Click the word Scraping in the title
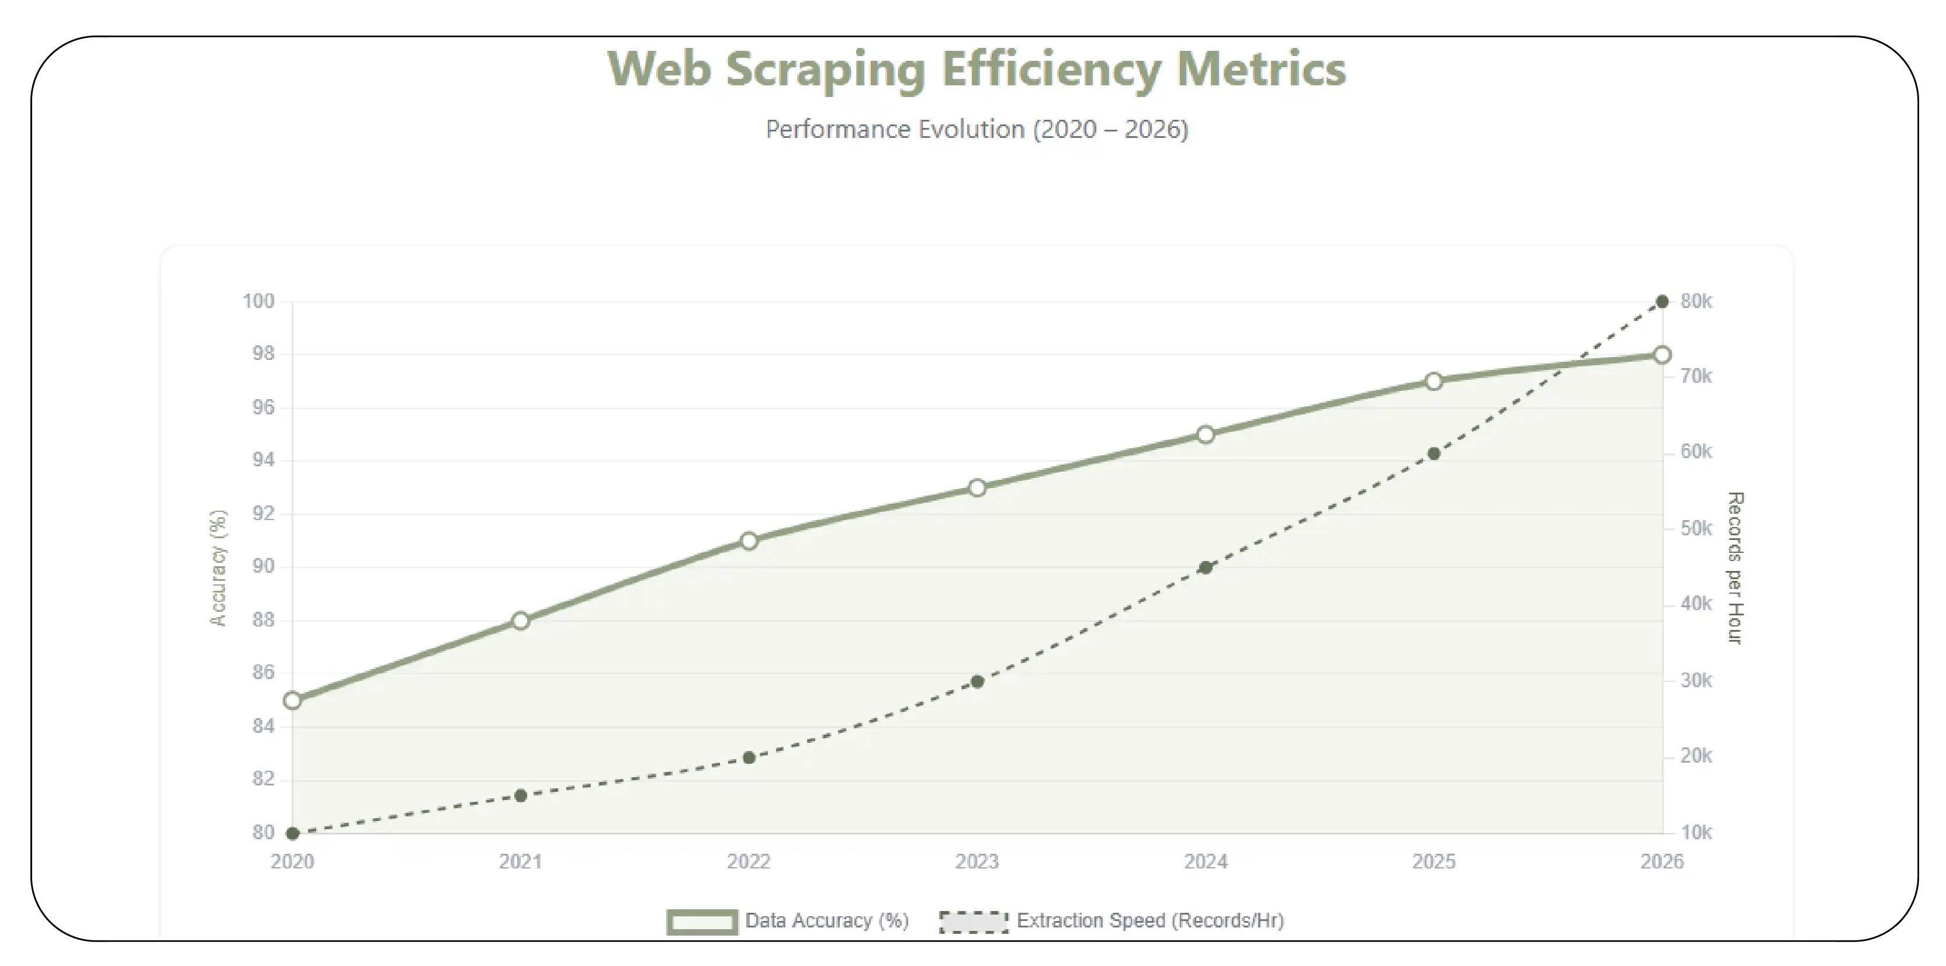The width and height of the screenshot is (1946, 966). coord(825,70)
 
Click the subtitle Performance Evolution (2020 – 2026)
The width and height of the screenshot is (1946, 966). coord(976,129)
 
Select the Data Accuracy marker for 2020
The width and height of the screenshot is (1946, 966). coord(292,700)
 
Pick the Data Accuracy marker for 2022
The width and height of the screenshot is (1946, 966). coord(749,541)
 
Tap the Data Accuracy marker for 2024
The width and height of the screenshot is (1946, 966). coord(1206,434)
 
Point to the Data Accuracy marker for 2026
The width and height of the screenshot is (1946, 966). coord(1662,355)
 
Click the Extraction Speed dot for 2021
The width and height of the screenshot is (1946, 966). coord(521,795)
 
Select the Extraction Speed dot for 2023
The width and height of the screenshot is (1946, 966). coord(977,682)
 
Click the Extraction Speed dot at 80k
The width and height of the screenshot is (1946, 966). coord(1662,302)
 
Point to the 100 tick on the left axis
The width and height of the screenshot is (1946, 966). coord(258,302)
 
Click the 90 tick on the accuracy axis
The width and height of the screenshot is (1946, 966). coord(262,566)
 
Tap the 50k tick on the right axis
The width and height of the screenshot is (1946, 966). coord(1696,529)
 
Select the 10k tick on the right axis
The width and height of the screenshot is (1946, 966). coord(1696,832)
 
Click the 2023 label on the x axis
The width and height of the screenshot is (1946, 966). coord(977,862)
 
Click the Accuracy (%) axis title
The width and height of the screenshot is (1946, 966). coord(217,568)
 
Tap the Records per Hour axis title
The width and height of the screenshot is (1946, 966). coord(1735,568)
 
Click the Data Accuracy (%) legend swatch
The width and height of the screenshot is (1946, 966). coord(702,922)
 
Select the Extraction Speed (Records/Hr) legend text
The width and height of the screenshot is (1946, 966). coord(1149,920)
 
